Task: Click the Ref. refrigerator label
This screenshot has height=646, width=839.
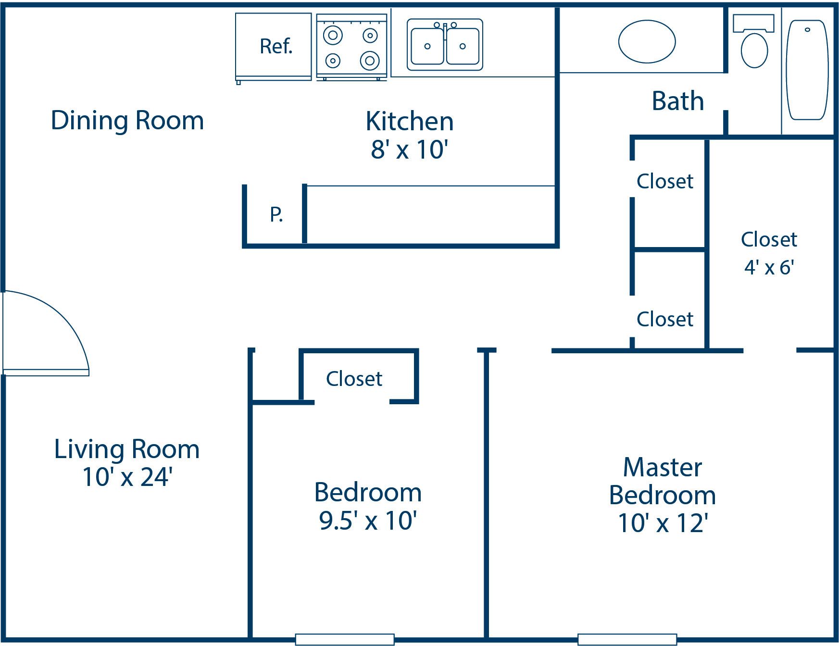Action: [275, 47]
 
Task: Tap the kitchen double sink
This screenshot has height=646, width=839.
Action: [445, 45]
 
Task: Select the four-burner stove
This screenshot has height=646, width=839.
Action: [351, 47]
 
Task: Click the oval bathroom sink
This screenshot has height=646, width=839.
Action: [647, 41]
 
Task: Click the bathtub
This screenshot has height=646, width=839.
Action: [807, 70]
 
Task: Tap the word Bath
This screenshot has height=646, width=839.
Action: [677, 101]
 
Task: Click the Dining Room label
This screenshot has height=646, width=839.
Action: [127, 120]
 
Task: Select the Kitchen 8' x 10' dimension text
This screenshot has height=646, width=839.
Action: [409, 149]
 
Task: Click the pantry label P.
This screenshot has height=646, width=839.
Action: [276, 214]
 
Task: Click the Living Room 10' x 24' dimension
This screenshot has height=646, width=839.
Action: [127, 477]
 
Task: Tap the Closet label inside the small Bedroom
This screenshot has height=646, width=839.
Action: [354, 379]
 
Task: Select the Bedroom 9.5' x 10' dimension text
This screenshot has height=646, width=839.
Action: [368, 520]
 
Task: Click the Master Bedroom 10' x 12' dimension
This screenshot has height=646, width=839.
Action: [663, 523]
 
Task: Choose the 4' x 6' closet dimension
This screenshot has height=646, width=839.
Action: [769, 267]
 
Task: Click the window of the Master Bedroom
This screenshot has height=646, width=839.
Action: [627, 639]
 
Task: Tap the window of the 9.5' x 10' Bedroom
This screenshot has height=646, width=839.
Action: [345, 639]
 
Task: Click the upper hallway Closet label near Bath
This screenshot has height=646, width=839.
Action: [665, 182]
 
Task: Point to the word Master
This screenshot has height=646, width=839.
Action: [663, 467]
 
